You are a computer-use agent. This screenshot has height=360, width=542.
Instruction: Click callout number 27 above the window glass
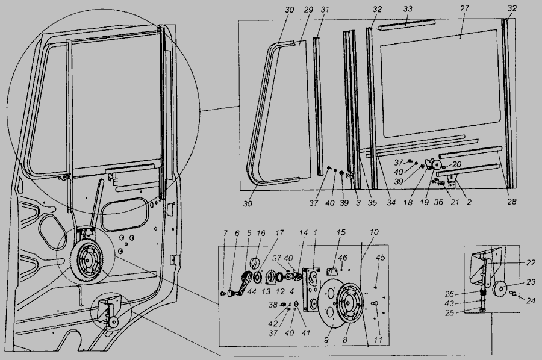pyautogui.click(x=464, y=8)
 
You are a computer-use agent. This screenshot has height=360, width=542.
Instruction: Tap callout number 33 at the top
pyautogui.click(x=408, y=8)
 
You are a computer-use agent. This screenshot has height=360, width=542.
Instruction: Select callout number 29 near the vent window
pyautogui.click(x=308, y=9)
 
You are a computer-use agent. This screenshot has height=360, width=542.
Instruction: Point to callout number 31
pyautogui.click(x=325, y=9)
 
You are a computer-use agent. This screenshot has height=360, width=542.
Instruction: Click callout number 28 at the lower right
pyautogui.click(x=511, y=202)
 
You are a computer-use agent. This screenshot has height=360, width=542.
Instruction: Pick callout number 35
pyautogui.click(x=372, y=203)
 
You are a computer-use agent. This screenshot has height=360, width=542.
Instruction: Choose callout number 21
pyautogui.click(x=455, y=202)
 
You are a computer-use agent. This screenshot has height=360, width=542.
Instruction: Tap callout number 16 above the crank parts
pyautogui.click(x=261, y=233)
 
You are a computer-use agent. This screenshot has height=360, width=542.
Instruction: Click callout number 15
pyautogui.click(x=341, y=232)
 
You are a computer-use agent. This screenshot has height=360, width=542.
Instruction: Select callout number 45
pyautogui.click(x=380, y=258)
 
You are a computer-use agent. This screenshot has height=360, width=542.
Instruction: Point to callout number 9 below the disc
pyautogui.click(x=326, y=340)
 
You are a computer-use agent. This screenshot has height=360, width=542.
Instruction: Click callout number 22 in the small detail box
pyautogui.click(x=531, y=263)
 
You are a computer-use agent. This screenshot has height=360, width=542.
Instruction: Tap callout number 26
pyautogui.click(x=449, y=294)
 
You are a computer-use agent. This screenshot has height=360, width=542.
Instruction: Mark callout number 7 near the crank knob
pyautogui.click(x=225, y=233)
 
